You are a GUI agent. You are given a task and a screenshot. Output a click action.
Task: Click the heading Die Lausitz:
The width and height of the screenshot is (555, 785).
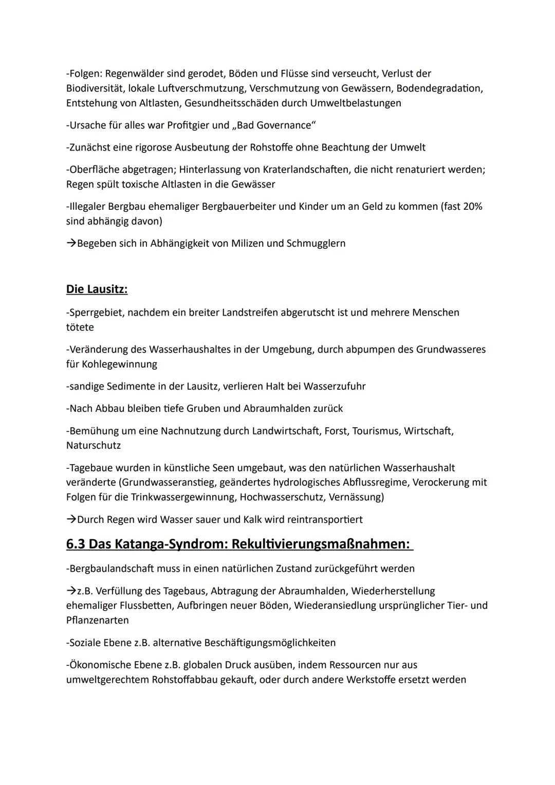click(x=97, y=289)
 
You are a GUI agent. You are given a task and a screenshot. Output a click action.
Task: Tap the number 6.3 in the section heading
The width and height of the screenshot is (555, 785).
click(x=76, y=544)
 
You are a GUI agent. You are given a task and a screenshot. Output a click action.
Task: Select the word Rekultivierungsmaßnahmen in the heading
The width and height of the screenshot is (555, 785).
click(x=322, y=544)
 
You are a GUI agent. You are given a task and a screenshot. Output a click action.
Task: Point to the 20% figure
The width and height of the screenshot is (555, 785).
click(x=472, y=207)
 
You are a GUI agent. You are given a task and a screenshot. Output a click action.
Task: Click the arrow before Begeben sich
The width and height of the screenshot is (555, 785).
click(x=71, y=243)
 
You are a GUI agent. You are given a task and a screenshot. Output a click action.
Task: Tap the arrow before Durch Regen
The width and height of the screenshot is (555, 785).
click(x=71, y=519)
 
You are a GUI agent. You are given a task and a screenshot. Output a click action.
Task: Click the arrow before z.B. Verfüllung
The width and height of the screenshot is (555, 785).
click(x=71, y=591)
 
